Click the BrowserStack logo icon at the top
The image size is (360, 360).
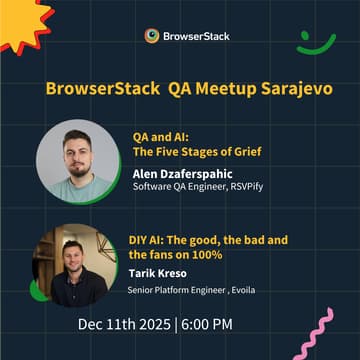click(151, 36)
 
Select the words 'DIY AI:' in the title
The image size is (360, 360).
click(150, 240)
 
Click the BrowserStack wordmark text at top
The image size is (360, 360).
click(197, 36)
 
